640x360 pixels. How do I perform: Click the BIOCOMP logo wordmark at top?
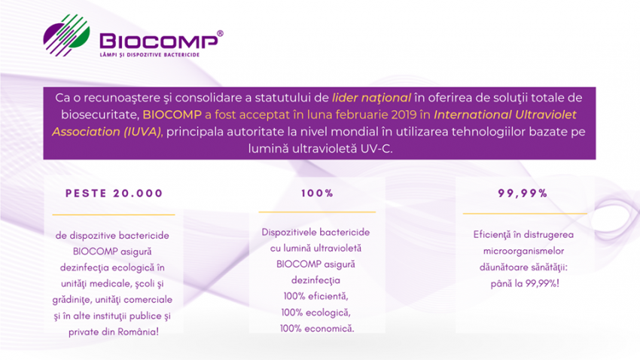pos(159,41)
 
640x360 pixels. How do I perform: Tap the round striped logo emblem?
pos(66,35)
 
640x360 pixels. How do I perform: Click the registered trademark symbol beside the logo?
pos(220,33)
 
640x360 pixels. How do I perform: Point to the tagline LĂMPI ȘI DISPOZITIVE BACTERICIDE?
pos(149,55)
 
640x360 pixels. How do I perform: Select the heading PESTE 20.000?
pos(114,193)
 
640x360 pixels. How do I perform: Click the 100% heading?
pos(317,193)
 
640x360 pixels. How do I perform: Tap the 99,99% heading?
pos(523,193)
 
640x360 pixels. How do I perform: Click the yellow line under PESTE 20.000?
pos(114,215)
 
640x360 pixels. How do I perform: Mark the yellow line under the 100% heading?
pos(317,212)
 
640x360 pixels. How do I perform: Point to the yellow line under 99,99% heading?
pos(525,213)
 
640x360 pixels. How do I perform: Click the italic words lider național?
pos(371,98)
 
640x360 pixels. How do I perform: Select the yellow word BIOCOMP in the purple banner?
pos(172,114)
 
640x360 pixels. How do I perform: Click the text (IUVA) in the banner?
pos(142,132)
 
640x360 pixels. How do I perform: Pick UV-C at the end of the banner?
pos(376,148)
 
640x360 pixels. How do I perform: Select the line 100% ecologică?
pos(316,313)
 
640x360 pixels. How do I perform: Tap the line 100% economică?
pos(317,328)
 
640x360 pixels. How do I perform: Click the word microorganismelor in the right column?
pos(524,251)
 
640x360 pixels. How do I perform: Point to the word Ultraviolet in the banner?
pos(546,114)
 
